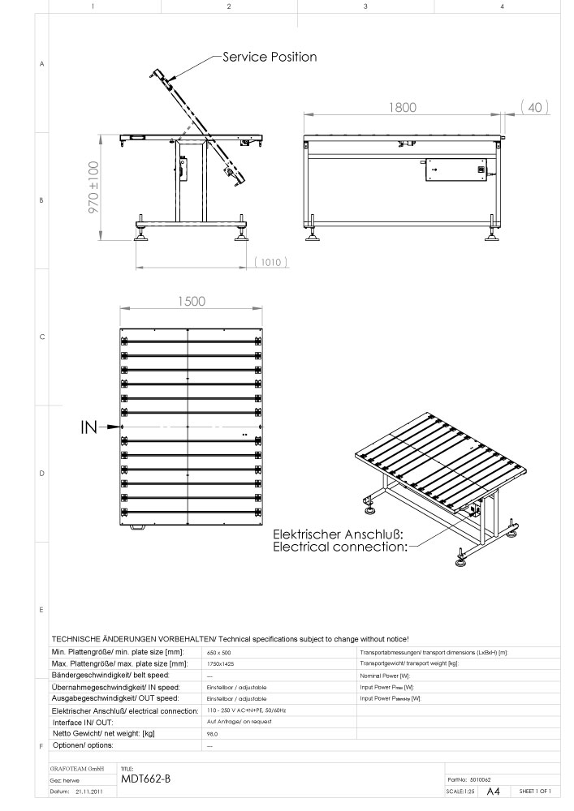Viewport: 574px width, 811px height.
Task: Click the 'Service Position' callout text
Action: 270,57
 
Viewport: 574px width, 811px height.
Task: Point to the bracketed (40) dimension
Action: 535,107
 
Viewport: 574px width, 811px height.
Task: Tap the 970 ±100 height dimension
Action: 93,187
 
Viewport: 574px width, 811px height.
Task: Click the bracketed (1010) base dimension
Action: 272,262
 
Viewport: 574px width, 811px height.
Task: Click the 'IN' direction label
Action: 90,427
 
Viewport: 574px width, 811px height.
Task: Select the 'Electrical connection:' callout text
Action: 339,547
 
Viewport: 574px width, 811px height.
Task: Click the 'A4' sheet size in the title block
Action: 492,791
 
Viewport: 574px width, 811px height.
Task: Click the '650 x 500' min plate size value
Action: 220,653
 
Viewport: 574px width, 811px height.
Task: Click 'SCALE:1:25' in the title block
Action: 460,791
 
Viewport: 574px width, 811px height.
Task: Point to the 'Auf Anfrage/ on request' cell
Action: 234,721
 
